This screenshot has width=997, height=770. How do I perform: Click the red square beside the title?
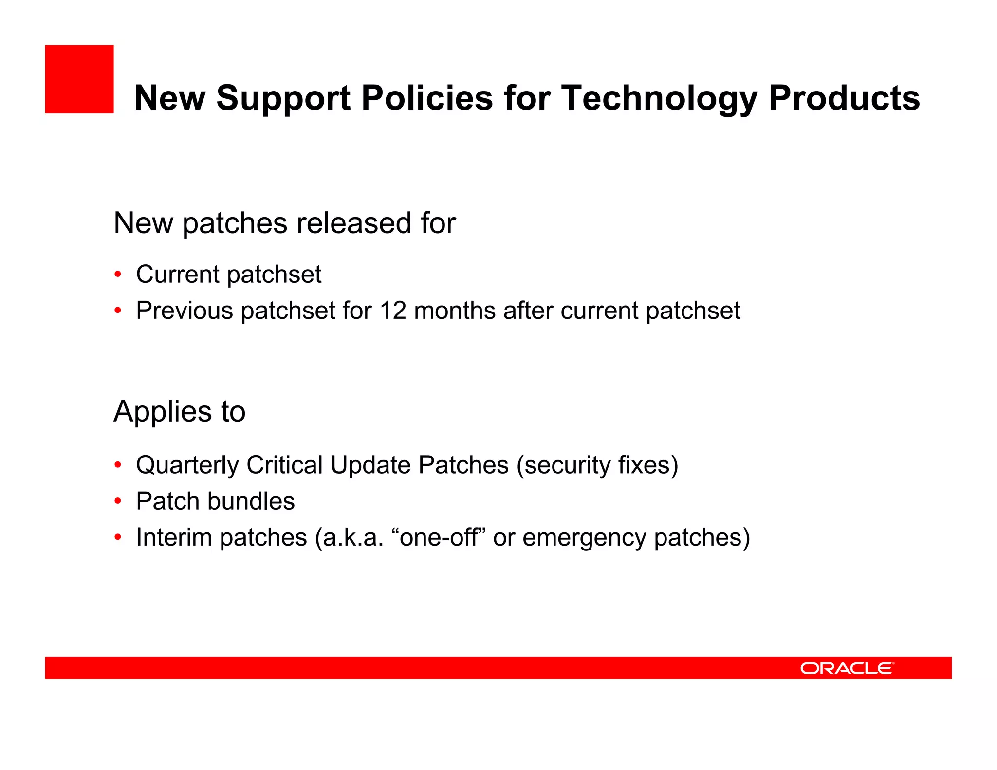click(79, 79)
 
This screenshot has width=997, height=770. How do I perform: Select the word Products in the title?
click(844, 98)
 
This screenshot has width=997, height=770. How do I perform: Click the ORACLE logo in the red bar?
click(847, 668)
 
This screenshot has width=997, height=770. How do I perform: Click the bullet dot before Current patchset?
click(117, 274)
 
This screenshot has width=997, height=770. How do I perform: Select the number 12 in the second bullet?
click(393, 311)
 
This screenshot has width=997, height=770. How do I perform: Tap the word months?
click(455, 311)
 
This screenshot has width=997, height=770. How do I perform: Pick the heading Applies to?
click(179, 411)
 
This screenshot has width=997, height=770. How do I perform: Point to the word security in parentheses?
click(563, 465)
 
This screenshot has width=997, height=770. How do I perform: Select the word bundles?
click(251, 501)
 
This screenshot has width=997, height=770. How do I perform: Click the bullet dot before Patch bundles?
click(117, 501)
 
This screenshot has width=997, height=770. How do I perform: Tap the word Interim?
click(174, 537)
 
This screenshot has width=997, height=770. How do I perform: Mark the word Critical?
click(285, 465)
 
